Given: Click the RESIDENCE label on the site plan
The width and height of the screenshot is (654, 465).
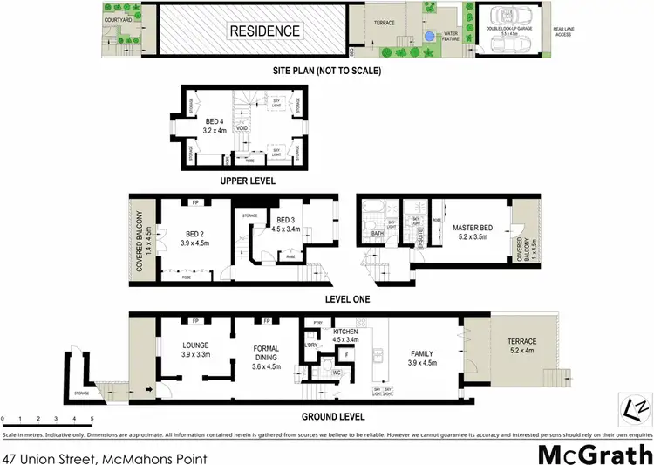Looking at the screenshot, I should [264, 31].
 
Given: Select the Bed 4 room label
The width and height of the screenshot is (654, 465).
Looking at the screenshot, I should [215, 126].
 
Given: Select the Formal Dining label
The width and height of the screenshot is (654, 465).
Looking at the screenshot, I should [265, 353].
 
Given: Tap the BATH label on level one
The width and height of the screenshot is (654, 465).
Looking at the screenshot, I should [378, 234].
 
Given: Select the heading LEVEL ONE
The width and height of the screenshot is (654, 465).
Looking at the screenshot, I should [347, 299].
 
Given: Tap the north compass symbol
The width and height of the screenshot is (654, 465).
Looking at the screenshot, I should [637, 407].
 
